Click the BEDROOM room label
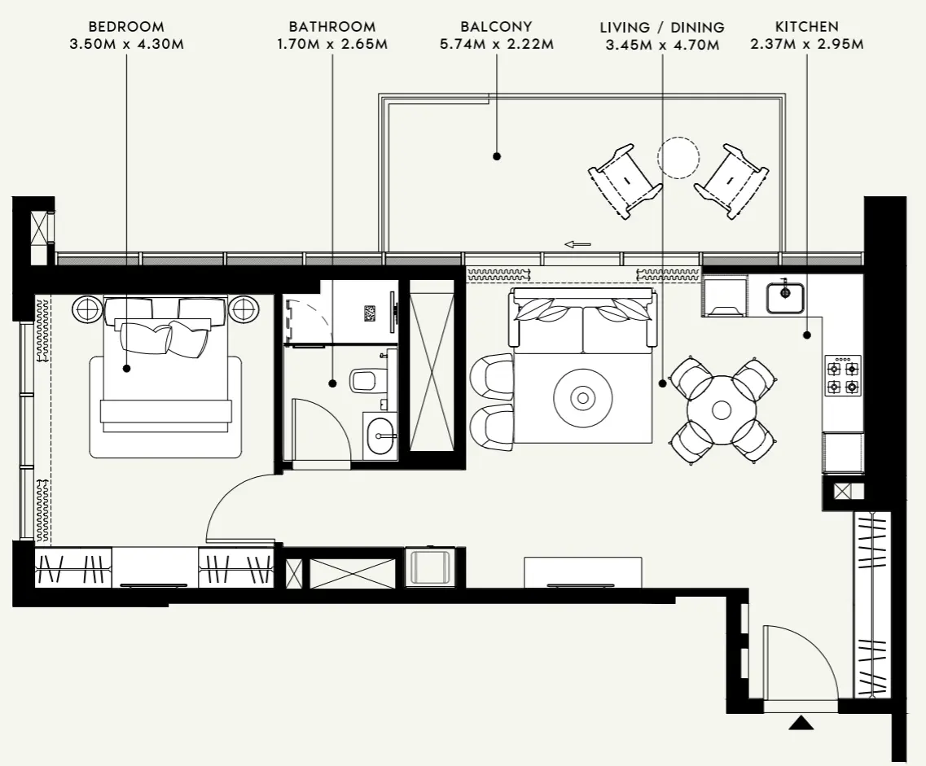126,27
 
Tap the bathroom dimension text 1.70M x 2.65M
332,43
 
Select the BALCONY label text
496,27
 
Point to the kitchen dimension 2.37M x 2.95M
807,43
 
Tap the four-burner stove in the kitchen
843,375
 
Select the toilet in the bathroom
369,379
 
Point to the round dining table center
722,409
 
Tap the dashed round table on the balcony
678,157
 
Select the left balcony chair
625,180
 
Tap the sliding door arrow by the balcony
577,243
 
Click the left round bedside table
87,309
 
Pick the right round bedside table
244,309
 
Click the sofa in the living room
582,321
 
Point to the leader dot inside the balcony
496,155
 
